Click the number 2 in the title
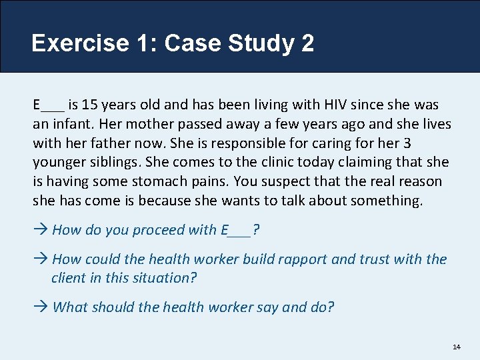pyautogui.click(x=307, y=43)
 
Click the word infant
pyautogui.click(x=71, y=124)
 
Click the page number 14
pyautogui.click(x=457, y=347)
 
